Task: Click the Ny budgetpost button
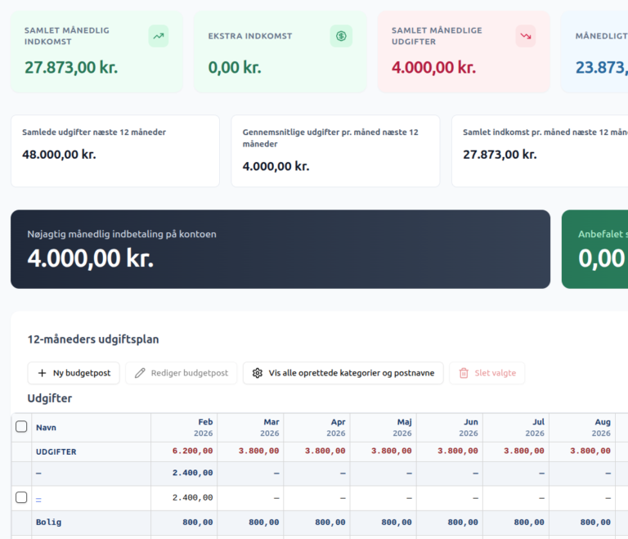[x=74, y=373]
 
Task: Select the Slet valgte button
[x=487, y=373]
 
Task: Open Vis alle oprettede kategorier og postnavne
[x=343, y=373]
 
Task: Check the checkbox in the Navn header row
[x=21, y=427]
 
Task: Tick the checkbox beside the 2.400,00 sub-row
[x=21, y=497]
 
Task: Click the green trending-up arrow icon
[x=159, y=36]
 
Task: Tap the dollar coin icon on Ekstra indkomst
[x=341, y=36]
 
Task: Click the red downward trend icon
[x=526, y=36]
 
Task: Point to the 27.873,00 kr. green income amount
[x=71, y=67]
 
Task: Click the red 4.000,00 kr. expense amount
[x=433, y=67]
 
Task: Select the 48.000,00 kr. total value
[x=59, y=155]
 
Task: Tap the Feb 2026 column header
[x=203, y=428]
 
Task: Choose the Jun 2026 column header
[x=469, y=428]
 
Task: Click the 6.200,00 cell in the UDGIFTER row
[x=193, y=451]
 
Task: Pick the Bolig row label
[x=49, y=522]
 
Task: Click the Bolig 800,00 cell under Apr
[x=330, y=523]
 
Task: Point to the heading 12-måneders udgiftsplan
[x=93, y=339]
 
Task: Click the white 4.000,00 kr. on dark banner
[x=91, y=258]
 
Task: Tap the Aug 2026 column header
[x=601, y=428]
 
